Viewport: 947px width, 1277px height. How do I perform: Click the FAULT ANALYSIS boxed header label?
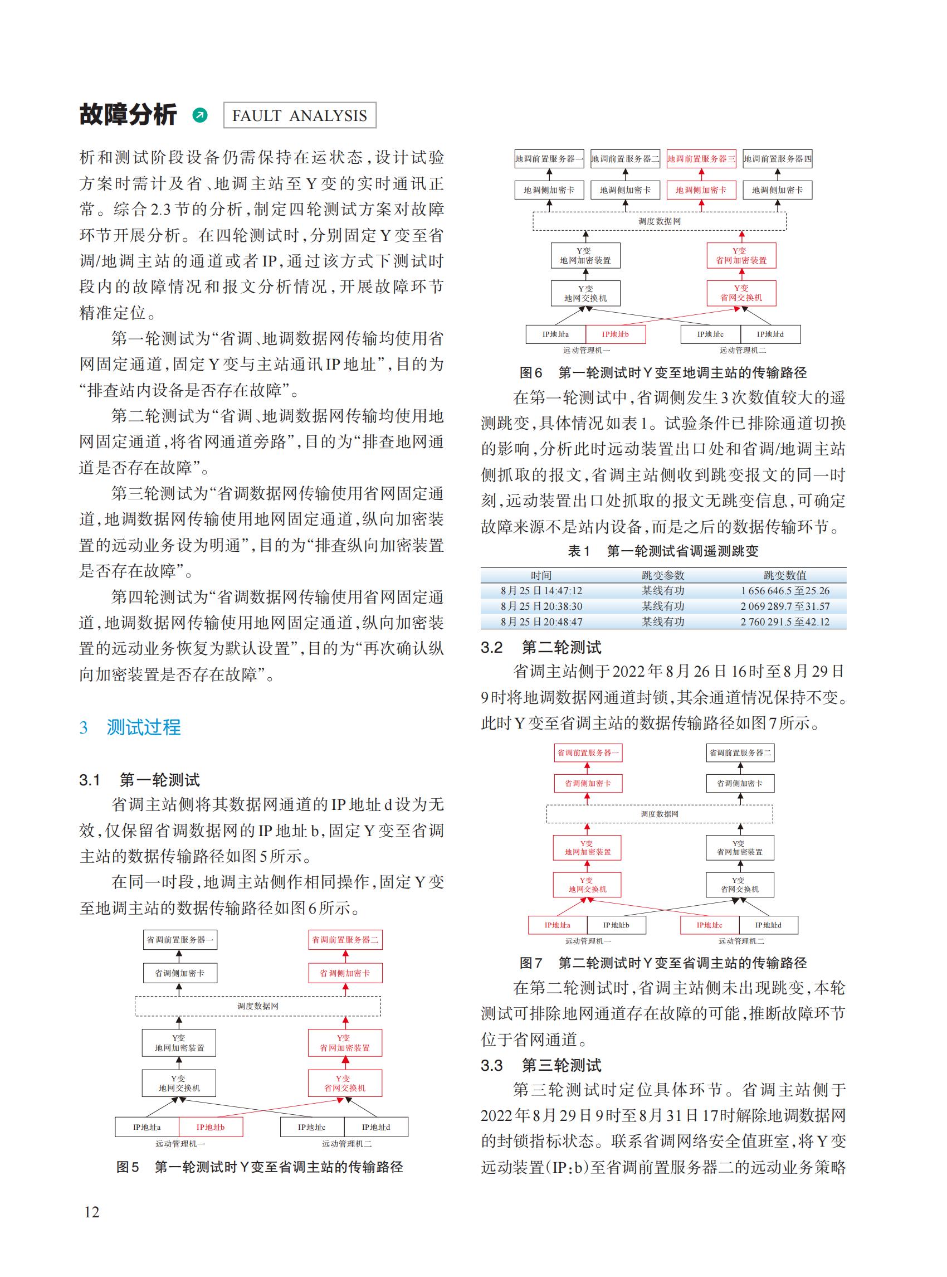pos(299,115)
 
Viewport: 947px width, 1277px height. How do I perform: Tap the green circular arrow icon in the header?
pos(200,115)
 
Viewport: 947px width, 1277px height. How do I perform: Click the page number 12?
pos(92,1212)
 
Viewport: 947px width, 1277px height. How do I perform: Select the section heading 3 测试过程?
pos(130,727)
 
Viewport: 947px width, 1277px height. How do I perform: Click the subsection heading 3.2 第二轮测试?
pos(541,648)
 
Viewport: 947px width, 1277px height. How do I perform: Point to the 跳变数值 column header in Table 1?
pos(784,575)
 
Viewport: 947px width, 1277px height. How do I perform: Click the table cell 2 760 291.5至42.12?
pos(784,622)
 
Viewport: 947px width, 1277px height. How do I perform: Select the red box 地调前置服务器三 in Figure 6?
pos(701,159)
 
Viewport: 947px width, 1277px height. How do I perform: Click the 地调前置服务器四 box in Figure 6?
pos(777,159)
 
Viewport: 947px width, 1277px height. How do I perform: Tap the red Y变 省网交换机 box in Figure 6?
pos(741,293)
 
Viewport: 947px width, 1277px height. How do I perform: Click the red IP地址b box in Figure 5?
pos(211,1127)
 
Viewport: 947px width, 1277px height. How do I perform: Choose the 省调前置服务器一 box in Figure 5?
pos(179,940)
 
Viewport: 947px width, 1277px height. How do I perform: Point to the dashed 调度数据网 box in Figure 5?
pos(257,1006)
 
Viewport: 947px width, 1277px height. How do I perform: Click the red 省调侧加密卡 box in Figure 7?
pos(588,783)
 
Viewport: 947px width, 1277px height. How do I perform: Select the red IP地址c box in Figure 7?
pos(709,925)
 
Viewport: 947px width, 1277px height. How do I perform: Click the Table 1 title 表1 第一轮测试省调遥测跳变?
pos(663,551)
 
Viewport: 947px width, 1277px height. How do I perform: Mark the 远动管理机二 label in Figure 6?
pos(743,350)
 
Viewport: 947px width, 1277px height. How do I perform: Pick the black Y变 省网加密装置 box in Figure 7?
pos(739,848)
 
